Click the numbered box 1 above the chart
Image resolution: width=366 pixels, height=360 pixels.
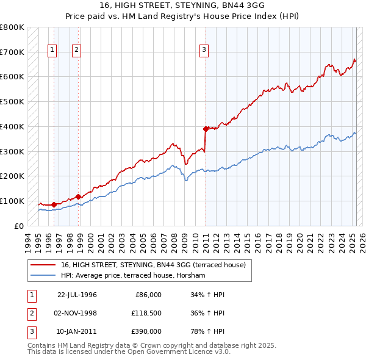tap(52, 51)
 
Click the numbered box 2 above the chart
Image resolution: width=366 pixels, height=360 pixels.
tap(76, 51)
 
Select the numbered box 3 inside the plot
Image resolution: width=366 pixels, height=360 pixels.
tap(204, 51)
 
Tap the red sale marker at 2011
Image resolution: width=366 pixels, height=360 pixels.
tap(206, 129)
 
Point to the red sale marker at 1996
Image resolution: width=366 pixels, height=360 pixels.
tap(54, 204)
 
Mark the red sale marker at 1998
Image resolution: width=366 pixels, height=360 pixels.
tap(78, 196)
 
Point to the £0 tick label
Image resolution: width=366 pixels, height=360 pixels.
tap(19, 226)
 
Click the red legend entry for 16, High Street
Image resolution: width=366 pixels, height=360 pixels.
tap(152, 265)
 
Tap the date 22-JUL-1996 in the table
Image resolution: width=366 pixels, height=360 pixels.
tap(77, 295)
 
